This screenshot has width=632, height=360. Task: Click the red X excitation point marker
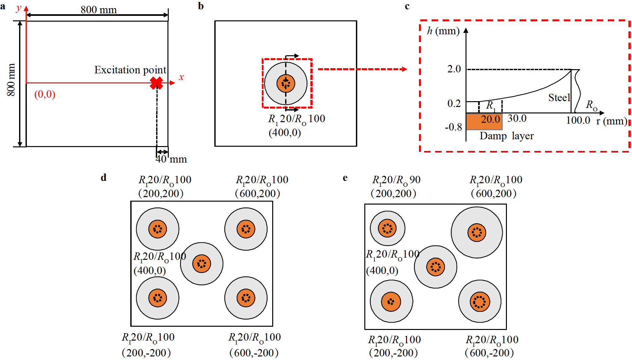157,83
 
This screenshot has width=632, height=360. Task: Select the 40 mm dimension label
171,159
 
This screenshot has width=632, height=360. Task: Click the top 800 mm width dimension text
99,9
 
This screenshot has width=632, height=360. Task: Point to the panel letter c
407,6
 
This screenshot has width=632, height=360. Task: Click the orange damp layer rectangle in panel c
484,122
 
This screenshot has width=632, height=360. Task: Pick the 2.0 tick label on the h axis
454,69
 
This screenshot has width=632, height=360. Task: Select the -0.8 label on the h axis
453,127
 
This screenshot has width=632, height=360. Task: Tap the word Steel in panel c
559,98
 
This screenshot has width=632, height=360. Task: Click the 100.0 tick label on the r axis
578,120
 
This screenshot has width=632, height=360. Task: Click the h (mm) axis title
443,31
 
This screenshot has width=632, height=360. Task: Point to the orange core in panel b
286,83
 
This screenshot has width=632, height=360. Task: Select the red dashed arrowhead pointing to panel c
404,69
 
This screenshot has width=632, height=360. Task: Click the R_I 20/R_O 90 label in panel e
396,180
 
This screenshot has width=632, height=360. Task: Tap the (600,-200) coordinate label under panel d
254,353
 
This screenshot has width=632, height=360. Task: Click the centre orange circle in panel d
202,264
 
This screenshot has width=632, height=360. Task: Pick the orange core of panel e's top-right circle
477,232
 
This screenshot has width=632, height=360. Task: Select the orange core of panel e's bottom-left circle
391,302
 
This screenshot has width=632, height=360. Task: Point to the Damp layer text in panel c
507,136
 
